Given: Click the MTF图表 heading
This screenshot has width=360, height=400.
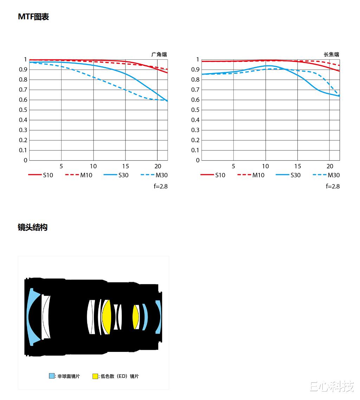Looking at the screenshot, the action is coord(33,17).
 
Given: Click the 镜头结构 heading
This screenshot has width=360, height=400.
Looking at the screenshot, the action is coord(33,227).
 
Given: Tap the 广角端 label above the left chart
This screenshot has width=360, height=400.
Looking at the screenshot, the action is coord(159,54).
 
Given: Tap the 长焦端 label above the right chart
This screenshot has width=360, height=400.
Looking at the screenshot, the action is coord(332,54).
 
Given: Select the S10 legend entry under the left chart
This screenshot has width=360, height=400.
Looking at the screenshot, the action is coord(40,175).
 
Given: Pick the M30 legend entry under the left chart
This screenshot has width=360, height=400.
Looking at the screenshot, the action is coord(154,175).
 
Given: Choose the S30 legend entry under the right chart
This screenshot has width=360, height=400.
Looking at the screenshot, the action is coord(288,175).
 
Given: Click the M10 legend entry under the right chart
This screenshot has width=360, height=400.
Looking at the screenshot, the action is coord(251,175).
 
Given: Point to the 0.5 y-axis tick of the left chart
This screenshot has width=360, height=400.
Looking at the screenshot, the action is coord(23,110).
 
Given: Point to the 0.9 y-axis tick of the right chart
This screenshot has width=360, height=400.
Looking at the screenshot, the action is coord(195,69).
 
